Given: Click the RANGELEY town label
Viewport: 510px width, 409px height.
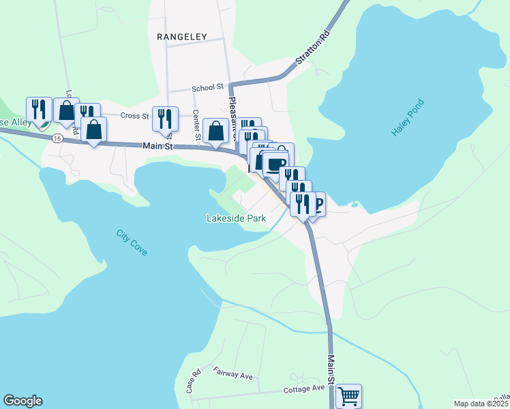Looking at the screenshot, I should (181, 36).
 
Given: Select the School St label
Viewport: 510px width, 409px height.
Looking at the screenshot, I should (207, 87).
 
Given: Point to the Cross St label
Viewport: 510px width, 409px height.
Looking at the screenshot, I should (134, 115).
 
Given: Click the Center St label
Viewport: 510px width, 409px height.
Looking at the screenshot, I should (196, 126).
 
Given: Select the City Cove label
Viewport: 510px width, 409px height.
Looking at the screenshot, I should (132, 243).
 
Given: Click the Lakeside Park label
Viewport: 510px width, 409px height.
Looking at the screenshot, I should (236, 219).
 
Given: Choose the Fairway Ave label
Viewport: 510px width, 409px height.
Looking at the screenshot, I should (232, 374).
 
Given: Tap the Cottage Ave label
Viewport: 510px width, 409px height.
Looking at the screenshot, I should (304, 388).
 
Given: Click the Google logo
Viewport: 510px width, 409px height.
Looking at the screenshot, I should (22, 401).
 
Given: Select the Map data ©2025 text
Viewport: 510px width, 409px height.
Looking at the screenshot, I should (481, 404).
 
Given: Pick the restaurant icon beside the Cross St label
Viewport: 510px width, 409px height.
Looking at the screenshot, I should (165, 119).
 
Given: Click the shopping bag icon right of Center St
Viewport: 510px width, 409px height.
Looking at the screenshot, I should (215, 130).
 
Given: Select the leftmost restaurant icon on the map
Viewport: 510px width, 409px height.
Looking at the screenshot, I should (39, 109).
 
